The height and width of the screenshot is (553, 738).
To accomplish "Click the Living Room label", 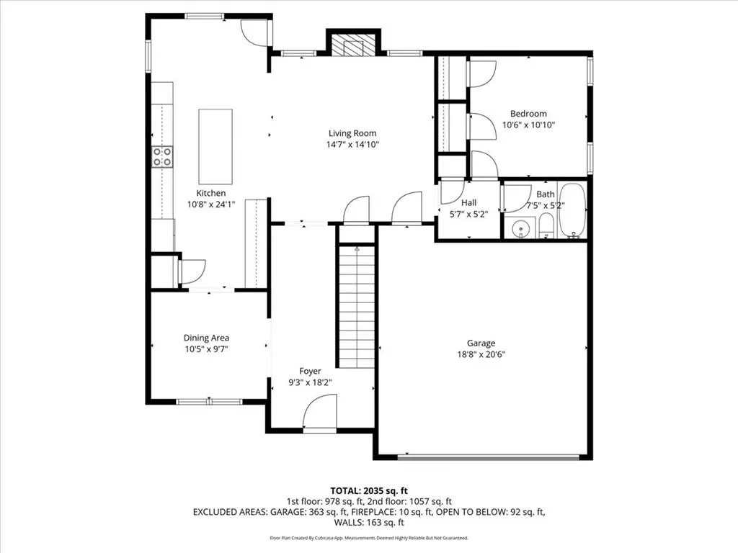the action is pyautogui.click(x=352, y=133).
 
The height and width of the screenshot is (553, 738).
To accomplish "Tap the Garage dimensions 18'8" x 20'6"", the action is pyautogui.click(x=481, y=354).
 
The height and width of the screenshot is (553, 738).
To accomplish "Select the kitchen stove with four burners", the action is pyautogui.click(x=162, y=156).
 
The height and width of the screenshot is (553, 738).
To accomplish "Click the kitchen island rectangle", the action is pyautogui.click(x=215, y=146).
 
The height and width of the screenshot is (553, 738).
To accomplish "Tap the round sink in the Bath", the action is pyautogui.click(x=520, y=228).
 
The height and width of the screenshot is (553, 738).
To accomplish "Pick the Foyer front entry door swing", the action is pyautogui.click(x=320, y=411).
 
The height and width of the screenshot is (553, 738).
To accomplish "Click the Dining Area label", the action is pyautogui.click(x=206, y=338).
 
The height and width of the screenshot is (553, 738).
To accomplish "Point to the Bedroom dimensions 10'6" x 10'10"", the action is pyautogui.click(x=528, y=125).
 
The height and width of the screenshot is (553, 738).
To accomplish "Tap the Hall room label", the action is pyautogui.click(x=468, y=202).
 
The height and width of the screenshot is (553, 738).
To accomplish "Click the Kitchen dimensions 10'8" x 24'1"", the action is pyautogui.click(x=211, y=204).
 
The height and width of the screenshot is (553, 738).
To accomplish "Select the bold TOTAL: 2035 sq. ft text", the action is pyautogui.click(x=369, y=491).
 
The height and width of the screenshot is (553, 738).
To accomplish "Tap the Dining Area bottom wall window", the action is pyautogui.click(x=209, y=402).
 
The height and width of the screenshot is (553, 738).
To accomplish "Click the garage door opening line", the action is pyautogui.click(x=489, y=457).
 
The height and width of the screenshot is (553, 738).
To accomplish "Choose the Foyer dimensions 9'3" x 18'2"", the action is pyautogui.click(x=310, y=382).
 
